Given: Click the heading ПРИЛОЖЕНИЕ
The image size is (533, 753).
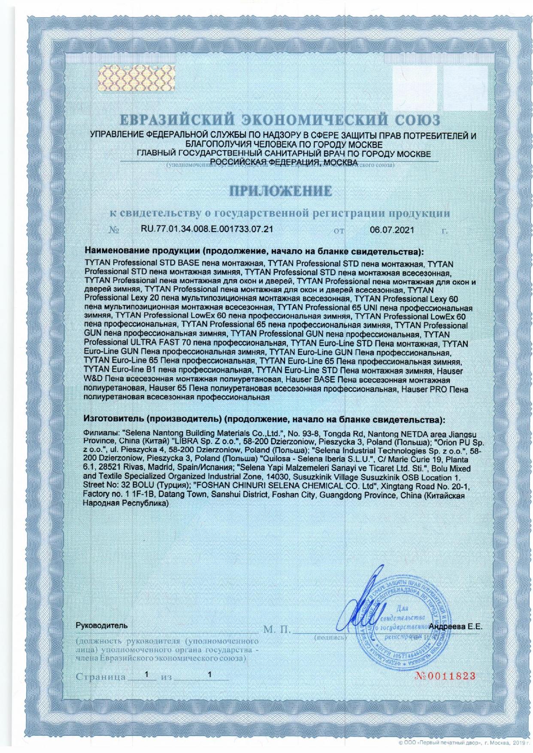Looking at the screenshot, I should (x=282, y=191).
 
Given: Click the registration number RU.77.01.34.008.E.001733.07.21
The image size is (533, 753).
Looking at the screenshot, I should (x=207, y=229).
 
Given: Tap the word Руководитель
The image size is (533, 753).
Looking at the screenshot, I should (x=101, y=626).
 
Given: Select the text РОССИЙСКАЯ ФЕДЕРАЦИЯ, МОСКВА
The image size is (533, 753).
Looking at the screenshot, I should (x=282, y=162).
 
